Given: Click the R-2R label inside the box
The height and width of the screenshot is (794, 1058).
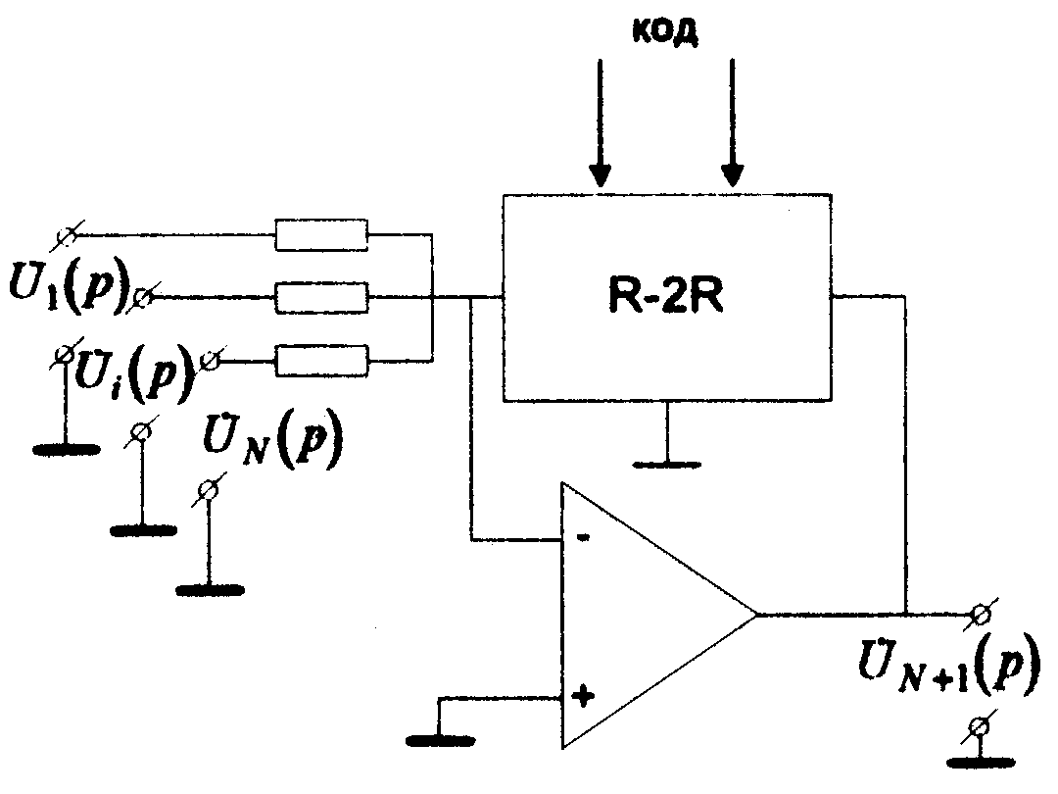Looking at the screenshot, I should tap(666, 296).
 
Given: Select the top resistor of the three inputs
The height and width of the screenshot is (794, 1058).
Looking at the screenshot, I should tap(321, 235).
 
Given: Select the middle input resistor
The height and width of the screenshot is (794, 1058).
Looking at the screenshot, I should tap(321, 296).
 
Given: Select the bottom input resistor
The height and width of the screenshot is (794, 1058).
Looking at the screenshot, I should tap(321, 361).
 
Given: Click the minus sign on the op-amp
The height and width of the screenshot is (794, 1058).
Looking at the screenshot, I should tap(583, 538).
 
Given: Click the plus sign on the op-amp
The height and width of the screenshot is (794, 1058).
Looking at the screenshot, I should tap(583, 698).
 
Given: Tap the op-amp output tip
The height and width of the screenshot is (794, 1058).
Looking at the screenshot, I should tap(756, 616).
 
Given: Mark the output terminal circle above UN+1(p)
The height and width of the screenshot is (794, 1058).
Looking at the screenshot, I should tap(981, 616).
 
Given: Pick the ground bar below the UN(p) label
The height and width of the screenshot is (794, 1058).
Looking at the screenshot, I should tap(210, 589).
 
